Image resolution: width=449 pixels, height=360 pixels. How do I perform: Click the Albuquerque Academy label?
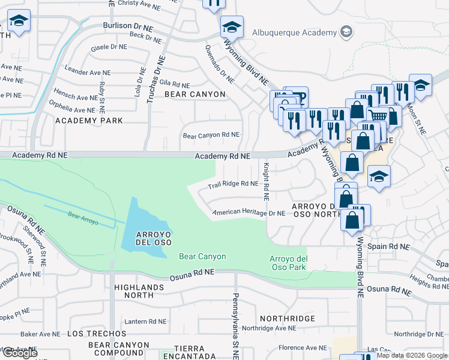click(294, 32)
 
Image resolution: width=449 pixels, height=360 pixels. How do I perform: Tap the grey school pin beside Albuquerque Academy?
click(346, 32)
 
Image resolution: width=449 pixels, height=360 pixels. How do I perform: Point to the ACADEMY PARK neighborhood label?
click(89, 121)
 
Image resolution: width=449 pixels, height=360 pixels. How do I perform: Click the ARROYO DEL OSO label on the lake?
click(146, 238)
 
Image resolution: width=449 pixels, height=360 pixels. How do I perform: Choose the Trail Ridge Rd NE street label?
click(232, 184)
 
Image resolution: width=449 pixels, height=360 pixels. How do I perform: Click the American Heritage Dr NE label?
click(248, 213)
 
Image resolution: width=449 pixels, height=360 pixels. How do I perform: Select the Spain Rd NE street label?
click(389, 247)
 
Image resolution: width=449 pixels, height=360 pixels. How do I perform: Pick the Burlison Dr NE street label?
click(128, 26)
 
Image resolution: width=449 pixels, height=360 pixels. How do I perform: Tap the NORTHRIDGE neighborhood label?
click(288, 318)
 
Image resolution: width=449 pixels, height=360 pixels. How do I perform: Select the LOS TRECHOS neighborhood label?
click(92, 333)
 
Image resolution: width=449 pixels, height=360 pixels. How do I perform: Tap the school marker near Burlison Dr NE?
click(232, 27)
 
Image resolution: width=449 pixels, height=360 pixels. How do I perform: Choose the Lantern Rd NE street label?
click(146, 321)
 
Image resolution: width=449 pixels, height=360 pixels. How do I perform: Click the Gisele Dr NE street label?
click(109, 46)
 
